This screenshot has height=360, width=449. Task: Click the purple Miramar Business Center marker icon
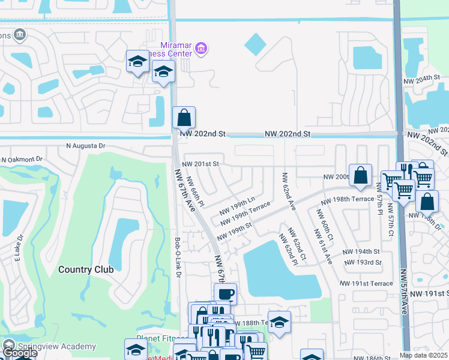point(202,49)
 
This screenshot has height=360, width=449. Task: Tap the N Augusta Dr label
point(85,146)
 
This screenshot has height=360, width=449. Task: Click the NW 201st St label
point(201,164)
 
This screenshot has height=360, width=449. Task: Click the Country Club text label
point(86,269)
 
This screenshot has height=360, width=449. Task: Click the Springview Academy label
point(57,346)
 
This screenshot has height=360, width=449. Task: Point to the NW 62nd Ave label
point(289,191)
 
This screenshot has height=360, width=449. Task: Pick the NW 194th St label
point(361,252)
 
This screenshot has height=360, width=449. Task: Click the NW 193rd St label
point(363,262)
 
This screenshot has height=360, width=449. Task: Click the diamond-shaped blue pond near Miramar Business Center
point(255,43)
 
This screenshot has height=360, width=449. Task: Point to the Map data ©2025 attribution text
point(424,355)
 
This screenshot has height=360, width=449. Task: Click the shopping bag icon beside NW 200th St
point(360,175)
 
